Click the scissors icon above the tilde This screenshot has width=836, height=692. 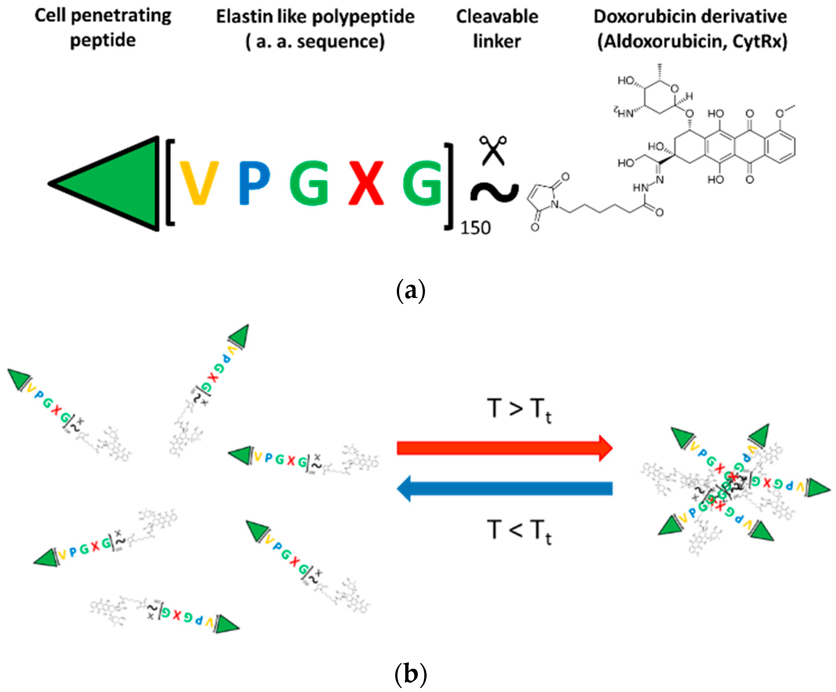(493, 150)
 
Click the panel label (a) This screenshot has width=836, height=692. (411, 291)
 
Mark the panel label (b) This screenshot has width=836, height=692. (411, 674)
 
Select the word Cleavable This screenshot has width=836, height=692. (497, 17)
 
